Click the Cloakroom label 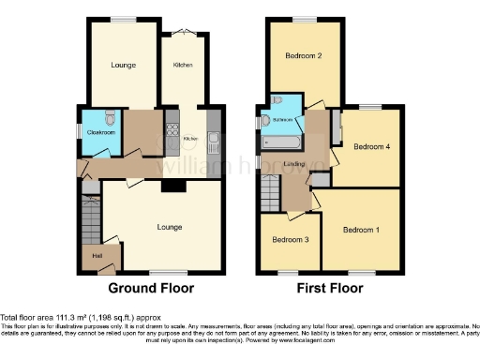click(100, 133)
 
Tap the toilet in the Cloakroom click(111, 118)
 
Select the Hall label click(97, 255)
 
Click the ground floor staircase click(90, 225)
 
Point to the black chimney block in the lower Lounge click(171, 186)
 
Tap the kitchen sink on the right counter click(215, 143)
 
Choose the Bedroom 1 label click(361, 229)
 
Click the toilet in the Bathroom click(278, 102)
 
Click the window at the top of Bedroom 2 click(304, 19)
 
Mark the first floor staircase click(268, 193)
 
